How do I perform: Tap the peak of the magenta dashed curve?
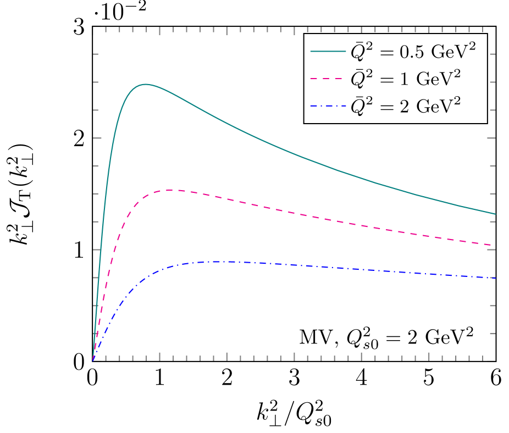[173, 190]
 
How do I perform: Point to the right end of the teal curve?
[495, 214]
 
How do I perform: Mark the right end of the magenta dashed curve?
[495, 245]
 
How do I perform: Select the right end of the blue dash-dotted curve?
[495, 278]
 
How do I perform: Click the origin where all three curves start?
[93, 360]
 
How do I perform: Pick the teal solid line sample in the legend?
[328, 52]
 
